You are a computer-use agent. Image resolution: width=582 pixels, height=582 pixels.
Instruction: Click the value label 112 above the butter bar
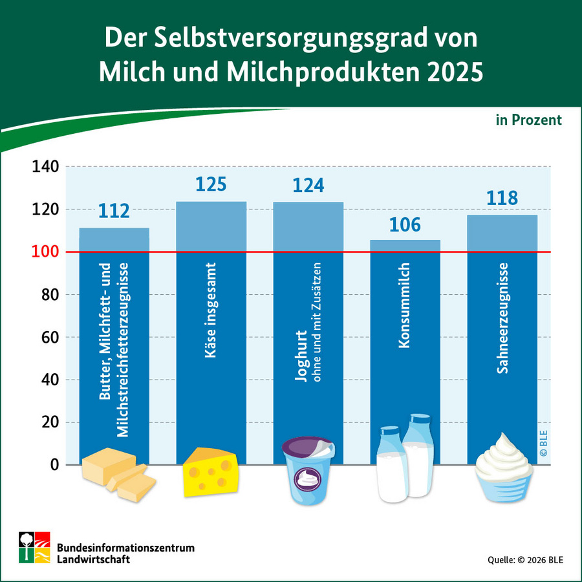pyautogui.click(x=114, y=211)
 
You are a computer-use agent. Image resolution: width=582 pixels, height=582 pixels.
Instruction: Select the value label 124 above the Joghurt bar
pyautogui.click(x=308, y=186)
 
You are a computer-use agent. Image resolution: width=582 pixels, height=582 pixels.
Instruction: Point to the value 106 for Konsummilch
pyautogui.click(x=405, y=224)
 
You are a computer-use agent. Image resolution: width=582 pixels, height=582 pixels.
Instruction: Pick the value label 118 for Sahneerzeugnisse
pyautogui.click(x=502, y=197)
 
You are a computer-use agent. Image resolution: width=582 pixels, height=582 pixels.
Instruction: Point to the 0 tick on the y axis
pyautogui.click(x=54, y=465)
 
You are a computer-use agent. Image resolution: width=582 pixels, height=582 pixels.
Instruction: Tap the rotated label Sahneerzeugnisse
pyautogui.click(x=502, y=319)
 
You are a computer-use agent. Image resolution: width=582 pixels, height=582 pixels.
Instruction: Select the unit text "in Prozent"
pyautogui.click(x=528, y=120)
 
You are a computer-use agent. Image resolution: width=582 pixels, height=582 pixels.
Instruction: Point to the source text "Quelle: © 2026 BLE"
pyautogui.click(x=524, y=559)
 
